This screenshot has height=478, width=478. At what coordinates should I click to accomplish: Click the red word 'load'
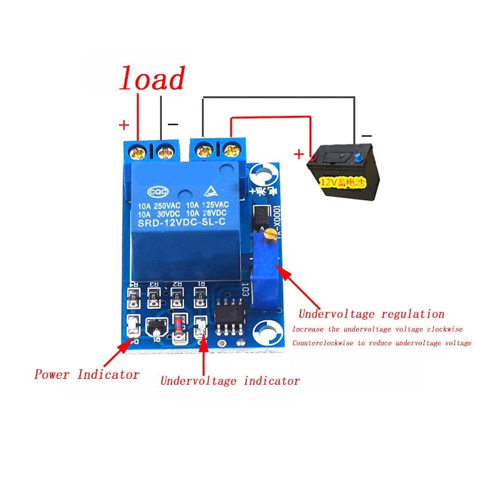(152, 79)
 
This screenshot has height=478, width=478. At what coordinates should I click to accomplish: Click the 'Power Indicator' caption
(87, 375)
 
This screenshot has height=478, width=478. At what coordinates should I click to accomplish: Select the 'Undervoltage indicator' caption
(230, 381)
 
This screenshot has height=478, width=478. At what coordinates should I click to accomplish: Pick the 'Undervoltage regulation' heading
(371, 314)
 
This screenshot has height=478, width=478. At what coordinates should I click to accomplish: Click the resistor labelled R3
(155, 295)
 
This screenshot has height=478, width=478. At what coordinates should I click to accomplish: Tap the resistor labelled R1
(200, 295)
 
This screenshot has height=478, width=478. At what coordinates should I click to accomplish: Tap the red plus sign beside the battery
(299, 154)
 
